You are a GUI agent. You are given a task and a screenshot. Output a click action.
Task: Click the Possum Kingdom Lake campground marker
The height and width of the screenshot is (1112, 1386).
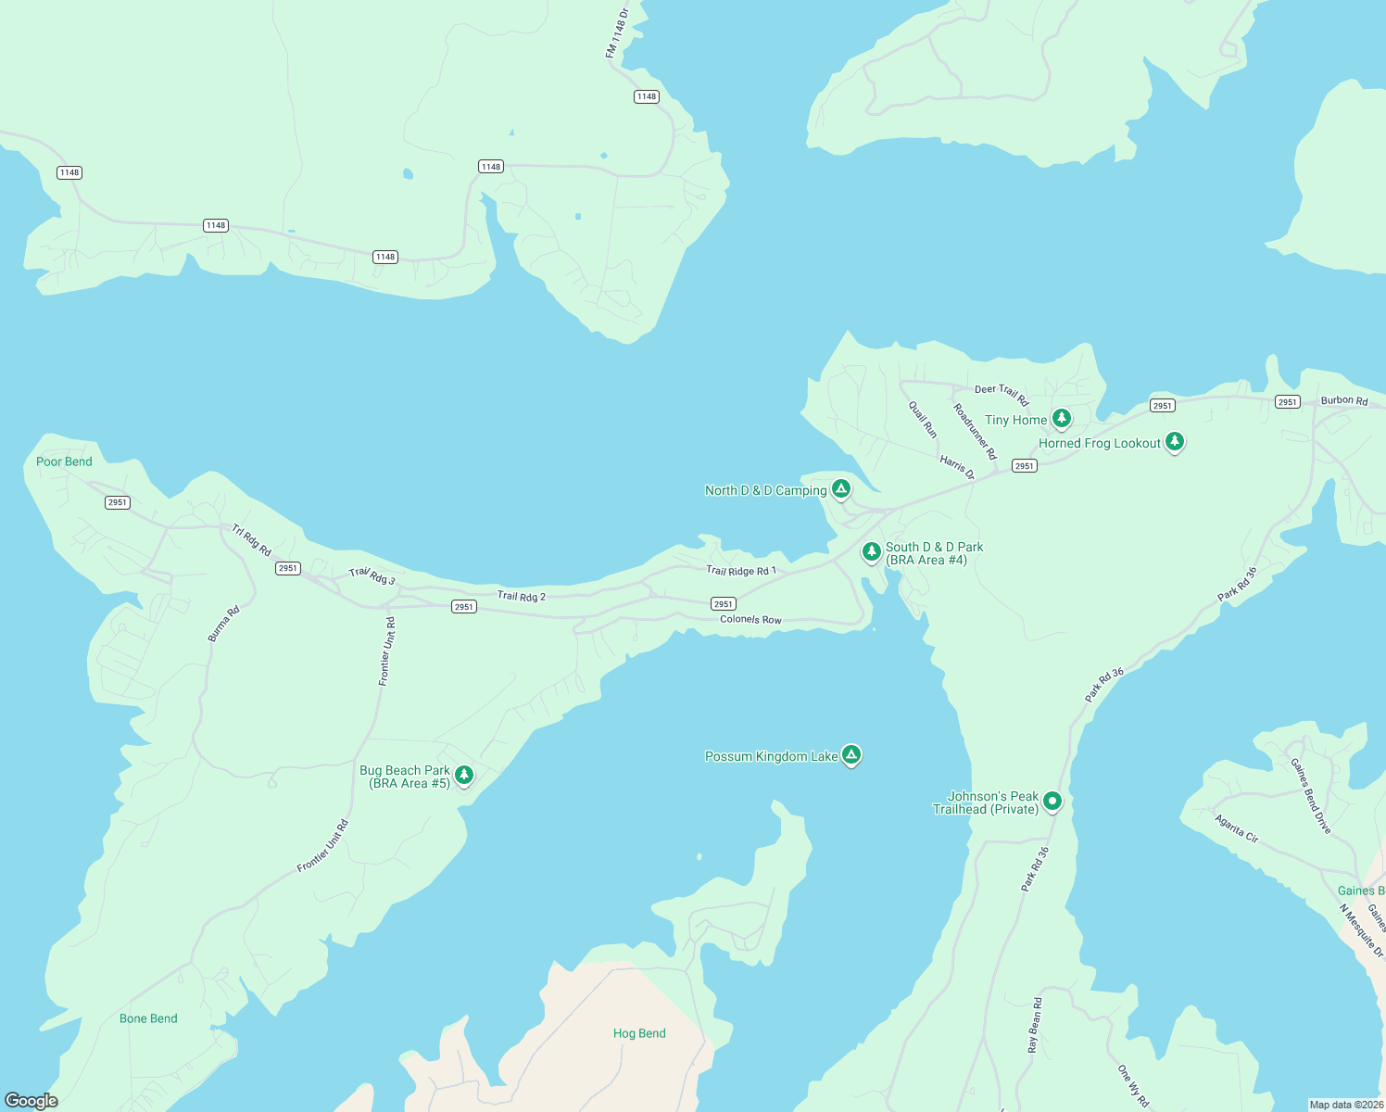(851, 754)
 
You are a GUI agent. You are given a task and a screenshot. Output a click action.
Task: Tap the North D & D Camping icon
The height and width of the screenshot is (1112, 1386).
(840, 488)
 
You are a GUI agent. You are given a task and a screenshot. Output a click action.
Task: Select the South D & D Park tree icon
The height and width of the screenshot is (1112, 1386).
(871, 551)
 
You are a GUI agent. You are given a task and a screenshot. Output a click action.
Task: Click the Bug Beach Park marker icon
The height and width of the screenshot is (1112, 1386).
(464, 775)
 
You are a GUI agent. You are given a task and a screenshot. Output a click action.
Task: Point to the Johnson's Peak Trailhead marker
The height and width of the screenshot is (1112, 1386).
(1052, 800)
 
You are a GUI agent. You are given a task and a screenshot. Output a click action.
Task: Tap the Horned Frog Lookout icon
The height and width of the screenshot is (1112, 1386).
(1174, 441)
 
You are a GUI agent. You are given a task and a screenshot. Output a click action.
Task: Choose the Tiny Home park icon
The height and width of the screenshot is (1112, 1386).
(1062, 418)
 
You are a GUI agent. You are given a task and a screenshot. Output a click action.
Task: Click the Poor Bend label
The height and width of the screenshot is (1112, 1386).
(64, 461)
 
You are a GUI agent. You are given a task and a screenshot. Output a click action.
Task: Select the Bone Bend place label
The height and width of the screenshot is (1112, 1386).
(148, 1018)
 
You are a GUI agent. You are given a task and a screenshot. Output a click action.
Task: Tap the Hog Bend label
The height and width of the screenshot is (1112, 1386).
(639, 1033)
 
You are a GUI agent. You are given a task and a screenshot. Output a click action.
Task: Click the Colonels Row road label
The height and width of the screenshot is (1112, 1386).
(750, 619)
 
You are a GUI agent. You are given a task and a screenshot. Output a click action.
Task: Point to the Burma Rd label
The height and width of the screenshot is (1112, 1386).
(223, 624)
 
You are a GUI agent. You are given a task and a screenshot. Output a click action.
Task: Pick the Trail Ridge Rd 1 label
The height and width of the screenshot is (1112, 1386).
(741, 571)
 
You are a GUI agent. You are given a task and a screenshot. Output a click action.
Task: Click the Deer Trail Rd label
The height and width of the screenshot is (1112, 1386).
(1002, 394)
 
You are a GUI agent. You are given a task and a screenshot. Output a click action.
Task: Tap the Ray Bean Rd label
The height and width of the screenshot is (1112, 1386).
(1035, 1024)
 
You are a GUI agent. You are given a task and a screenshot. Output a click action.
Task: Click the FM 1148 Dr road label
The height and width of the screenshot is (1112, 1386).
(617, 32)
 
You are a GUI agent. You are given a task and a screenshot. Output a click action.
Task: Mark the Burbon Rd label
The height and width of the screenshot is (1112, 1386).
(1344, 400)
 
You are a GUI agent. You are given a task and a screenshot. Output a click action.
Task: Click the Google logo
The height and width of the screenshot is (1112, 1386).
(31, 1101)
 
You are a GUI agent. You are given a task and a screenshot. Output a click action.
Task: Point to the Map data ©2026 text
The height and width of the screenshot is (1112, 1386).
(1345, 1105)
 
